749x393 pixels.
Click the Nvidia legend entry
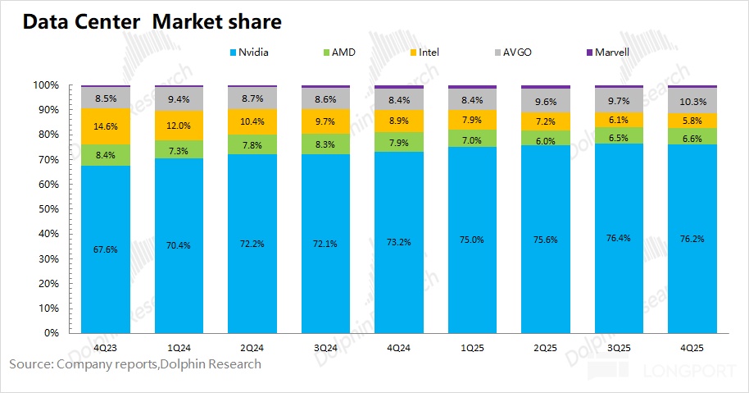click(x=251, y=52)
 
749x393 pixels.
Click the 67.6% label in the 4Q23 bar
click(x=107, y=249)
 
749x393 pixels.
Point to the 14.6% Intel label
click(x=107, y=126)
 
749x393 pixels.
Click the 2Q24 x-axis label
click(x=253, y=349)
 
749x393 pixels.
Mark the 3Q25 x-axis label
click(x=620, y=349)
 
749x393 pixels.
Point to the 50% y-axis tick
click(x=46, y=209)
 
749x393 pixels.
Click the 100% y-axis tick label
click(x=44, y=85)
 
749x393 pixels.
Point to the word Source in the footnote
click(x=30, y=363)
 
